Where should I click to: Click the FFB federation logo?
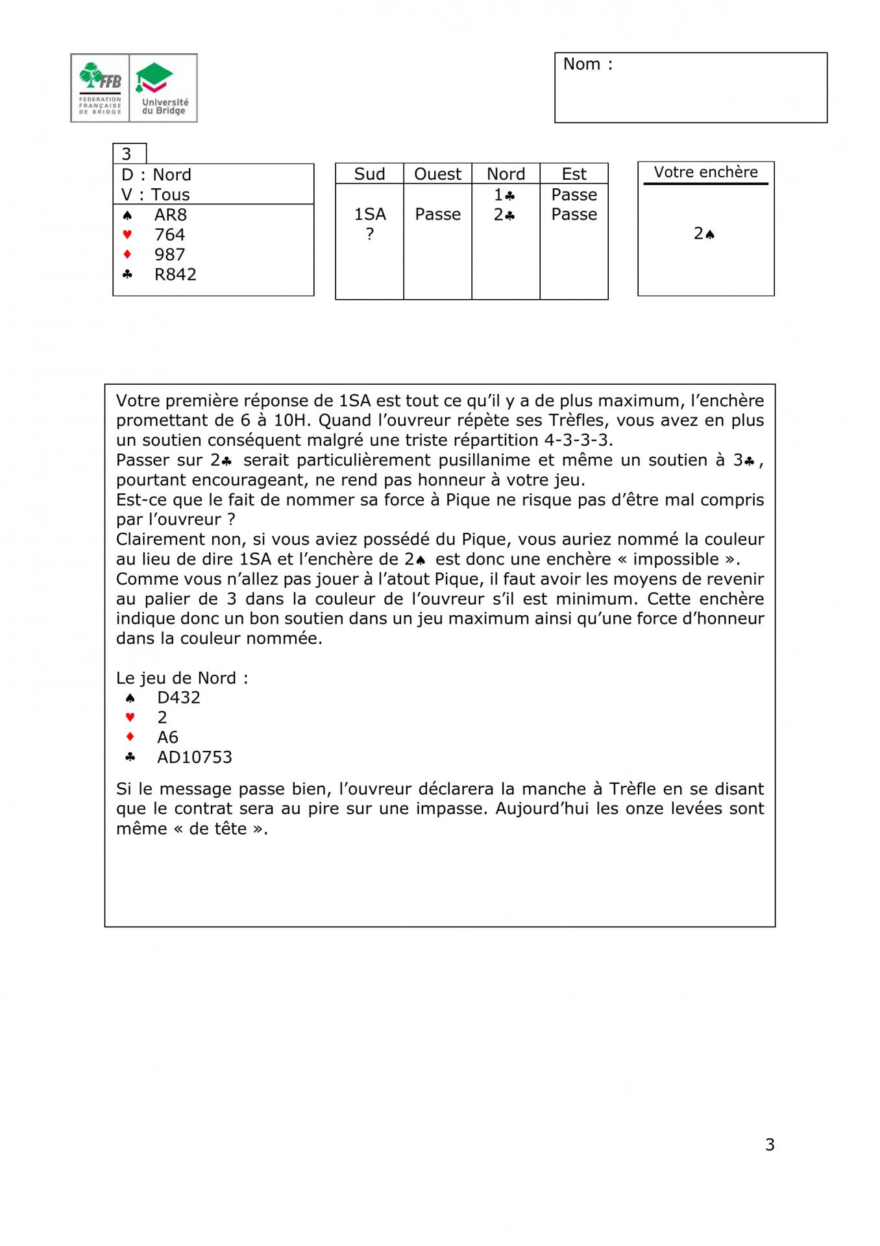coord(101,88)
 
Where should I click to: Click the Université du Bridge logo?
coord(164,88)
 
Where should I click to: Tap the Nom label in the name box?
coord(587,64)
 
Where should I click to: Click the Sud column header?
coord(369,174)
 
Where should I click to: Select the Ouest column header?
coord(437,174)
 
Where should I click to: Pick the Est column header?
coord(574,174)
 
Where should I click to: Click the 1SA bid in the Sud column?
coord(369,214)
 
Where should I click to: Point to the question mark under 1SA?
coord(369,234)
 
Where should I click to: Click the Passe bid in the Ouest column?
coord(437,214)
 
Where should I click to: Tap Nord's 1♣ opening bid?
coord(504,195)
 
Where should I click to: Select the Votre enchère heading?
coord(705,172)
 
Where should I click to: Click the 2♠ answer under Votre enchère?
coord(704,234)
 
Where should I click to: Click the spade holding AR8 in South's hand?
coord(170,215)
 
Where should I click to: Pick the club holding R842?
coord(175,275)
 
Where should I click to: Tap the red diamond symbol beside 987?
coord(127,254)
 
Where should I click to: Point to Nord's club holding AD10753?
coord(194,757)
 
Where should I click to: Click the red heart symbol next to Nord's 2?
coord(130,718)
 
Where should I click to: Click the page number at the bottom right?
coord(770,1145)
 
